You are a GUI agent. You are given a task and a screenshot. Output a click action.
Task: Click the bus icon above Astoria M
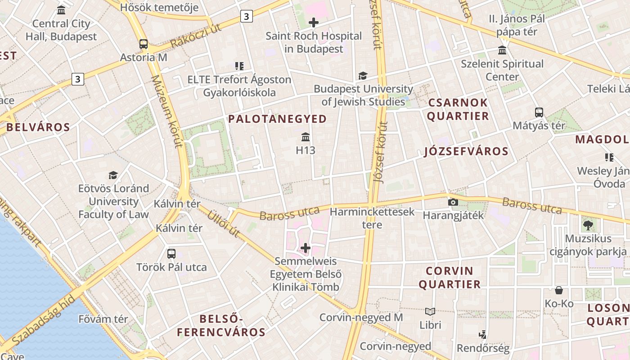[x=144, y=44]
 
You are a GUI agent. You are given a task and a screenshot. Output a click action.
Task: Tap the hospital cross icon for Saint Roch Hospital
[x=314, y=22]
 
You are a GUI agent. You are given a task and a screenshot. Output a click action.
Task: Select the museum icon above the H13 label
[x=306, y=137]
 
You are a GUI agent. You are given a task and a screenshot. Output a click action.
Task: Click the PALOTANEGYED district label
[x=277, y=119]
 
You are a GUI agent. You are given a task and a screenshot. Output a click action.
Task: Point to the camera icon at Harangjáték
[x=453, y=202]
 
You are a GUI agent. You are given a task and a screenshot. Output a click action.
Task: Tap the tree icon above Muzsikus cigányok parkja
[x=587, y=225]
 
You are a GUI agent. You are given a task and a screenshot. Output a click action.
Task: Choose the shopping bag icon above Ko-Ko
[x=559, y=290]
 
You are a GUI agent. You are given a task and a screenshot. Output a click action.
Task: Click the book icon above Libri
[x=430, y=311]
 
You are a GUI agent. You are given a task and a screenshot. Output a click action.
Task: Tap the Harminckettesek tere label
[x=372, y=218]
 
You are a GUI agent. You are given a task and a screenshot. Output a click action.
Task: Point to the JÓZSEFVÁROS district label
[x=466, y=152]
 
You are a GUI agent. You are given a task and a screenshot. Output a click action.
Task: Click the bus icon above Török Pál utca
[x=171, y=253]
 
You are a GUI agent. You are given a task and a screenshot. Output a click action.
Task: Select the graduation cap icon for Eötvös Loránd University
[x=113, y=175]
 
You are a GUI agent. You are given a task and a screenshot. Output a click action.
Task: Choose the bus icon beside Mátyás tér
[x=539, y=112]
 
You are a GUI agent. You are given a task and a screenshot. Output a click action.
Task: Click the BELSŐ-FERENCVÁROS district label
[x=221, y=326]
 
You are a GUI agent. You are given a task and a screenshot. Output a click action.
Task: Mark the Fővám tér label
[x=103, y=319]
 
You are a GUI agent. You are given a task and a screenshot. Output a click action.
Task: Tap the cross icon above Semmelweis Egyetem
[x=306, y=248]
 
